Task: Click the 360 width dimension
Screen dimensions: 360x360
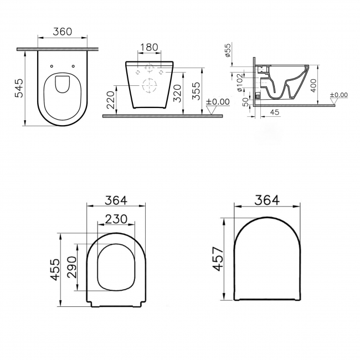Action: coord(62,32)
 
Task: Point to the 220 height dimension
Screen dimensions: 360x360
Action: coord(111,100)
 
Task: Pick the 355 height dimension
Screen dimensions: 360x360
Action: coord(194,91)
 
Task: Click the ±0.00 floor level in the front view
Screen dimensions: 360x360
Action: coord(218,101)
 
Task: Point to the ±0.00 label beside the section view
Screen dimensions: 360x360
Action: coord(338,95)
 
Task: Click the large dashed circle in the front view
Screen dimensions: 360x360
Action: coord(148,86)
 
